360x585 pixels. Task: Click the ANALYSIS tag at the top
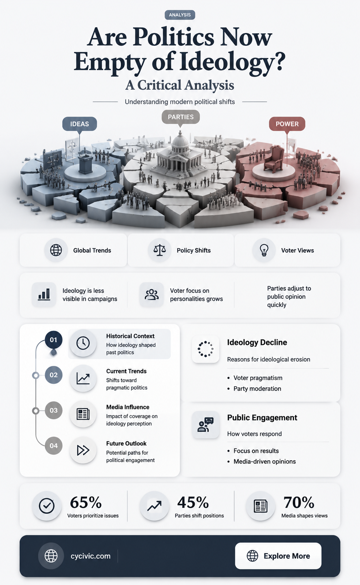point(180,15)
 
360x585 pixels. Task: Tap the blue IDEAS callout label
point(79,124)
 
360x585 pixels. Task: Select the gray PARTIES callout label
point(180,117)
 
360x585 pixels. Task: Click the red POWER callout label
point(287,124)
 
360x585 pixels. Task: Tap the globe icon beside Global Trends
point(56,250)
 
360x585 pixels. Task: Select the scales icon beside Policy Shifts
point(160,250)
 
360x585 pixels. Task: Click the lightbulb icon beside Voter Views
point(264,250)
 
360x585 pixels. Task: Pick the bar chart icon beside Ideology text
point(44,294)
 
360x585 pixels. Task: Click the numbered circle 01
point(53,340)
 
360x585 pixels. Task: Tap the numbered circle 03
point(53,410)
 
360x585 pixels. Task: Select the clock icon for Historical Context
point(83,343)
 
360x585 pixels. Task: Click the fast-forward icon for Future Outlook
point(83,450)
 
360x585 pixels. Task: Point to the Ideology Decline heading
point(257,342)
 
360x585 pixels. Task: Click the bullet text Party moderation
point(257,389)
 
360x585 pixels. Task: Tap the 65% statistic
point(86,502)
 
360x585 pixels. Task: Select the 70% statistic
point(299,502)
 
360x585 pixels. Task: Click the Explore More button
point(278,556)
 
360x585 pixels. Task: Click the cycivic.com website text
point(91,556)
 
